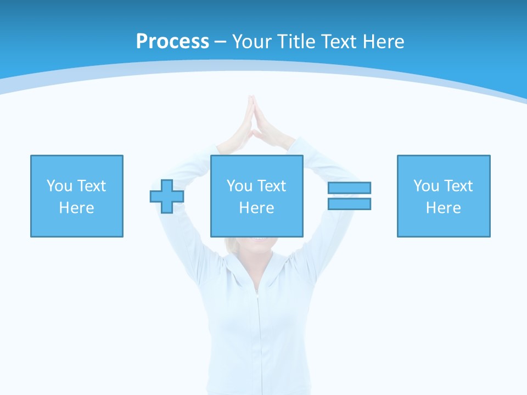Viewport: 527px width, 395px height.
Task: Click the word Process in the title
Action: click(x=172, y=42)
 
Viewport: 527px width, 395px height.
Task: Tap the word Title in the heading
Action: click(x=296, y=42)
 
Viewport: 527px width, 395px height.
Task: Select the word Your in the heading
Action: click(x=254, y=42)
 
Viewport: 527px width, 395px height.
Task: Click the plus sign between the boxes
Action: click(x=167, y=196)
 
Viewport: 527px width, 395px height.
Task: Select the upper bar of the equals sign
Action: click(x=350, y=188)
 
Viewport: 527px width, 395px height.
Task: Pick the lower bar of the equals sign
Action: click(x=350, y=204)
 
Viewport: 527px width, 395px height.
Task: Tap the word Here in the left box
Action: click(x=76, y=208)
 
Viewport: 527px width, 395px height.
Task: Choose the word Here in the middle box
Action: click(x=256, y=208)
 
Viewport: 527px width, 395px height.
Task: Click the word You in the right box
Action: click(x=426, y=186)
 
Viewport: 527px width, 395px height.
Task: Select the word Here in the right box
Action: click(x=443, y=208)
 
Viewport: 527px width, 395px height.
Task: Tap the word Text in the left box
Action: click(x=91, y=186)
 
